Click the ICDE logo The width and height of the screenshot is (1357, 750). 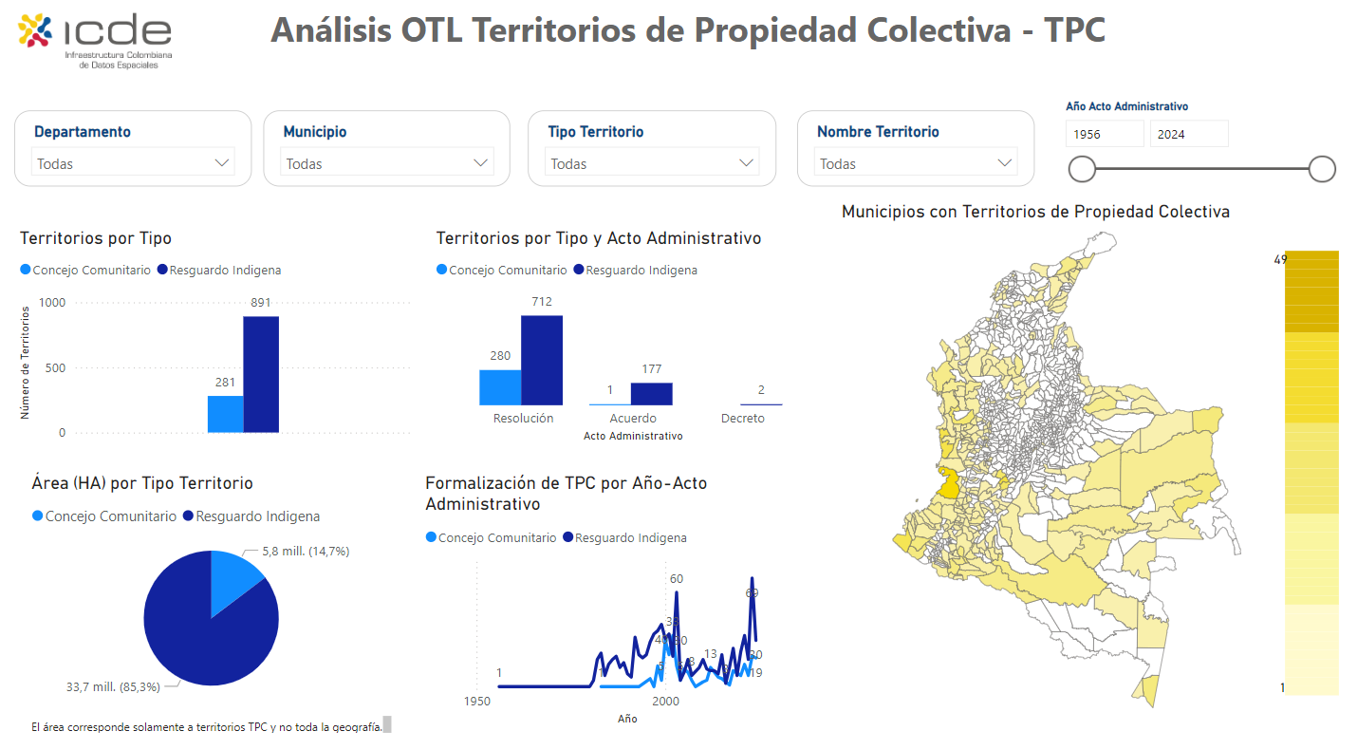click(x=95, y=40)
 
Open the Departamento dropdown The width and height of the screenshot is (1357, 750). click(x=133, y=163)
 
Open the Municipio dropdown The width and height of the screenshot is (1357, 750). click(x=387, y=163)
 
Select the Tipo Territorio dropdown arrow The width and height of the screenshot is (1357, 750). click(x=746, y=163)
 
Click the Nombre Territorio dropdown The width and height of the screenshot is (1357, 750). click(x=915, y=163)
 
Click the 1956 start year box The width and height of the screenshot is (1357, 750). click(x=1105, y=134)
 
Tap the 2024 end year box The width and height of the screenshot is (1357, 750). click(x=1189, y=134)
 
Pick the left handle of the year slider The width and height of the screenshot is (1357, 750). click(x=1082, y=169)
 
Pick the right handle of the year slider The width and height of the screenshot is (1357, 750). click(x=1322, y=169)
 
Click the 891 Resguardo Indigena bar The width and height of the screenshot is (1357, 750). click(x=261, y=374)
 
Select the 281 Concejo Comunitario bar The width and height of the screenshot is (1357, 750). click(x=226, y=414)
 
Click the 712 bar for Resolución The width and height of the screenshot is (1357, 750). click(x=542, y=360)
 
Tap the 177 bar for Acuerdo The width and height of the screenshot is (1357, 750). click(x=651, y=393)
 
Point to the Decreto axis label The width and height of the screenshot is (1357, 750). click(x=742, y=419)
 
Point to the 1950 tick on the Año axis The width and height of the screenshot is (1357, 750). click(x=476, y=702)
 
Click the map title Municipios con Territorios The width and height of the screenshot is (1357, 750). click(x=1035, y=212)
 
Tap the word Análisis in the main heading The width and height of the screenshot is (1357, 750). click(x=331, y=30)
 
